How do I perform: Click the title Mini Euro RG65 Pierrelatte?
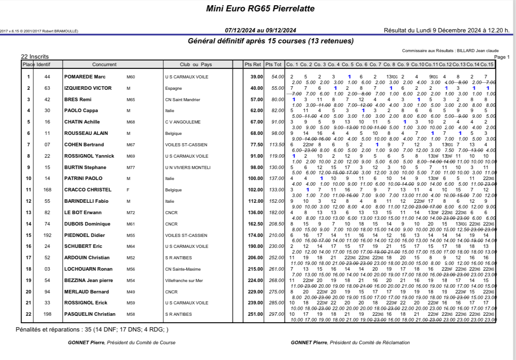tap(260, 9)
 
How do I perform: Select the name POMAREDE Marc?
tap(82, 77)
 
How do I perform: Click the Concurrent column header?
tap(104, 64)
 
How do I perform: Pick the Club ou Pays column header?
tap(196, 64)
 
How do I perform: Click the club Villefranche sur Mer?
tap(184, 280)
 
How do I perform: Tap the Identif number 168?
tap(47, 190)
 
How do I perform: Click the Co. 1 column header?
tap(292, 64)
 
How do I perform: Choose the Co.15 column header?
tap(487, 64)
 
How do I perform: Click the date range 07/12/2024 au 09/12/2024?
tap(260, 30)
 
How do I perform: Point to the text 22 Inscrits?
tap(35, 56)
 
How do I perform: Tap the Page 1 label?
tap(502, 57)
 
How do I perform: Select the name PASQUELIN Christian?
tap(90, 314)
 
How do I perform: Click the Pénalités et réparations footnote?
tap(92, 329)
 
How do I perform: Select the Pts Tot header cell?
tap(274, 64)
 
